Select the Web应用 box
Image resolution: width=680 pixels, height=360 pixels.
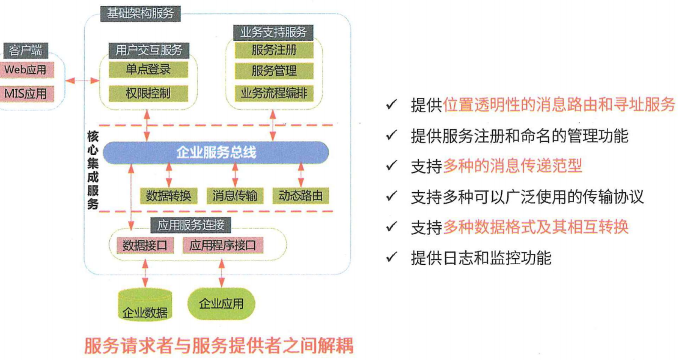(x=25, y=70)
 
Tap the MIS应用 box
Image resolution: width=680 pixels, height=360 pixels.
(x=25, y=94)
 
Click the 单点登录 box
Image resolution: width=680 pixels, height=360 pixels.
(x=148, y=70)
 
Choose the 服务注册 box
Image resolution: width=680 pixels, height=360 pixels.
(x=274, y=49)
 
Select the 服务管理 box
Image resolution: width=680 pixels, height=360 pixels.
(x=274, y=71)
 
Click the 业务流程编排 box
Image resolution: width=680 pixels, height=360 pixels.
(x=274, y=93)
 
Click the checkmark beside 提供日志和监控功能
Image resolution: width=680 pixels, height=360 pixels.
(x=392, y=258)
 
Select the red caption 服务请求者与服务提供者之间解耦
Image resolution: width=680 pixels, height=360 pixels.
(x=218, y=346)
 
